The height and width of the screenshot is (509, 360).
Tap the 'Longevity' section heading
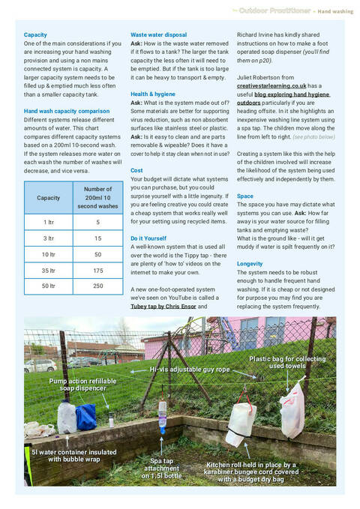pyautogui.click(x=250, y=264)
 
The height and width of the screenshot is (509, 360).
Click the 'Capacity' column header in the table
pyautogui.click(x=48, y=199)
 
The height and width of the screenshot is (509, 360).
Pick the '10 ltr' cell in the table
pyautogui.click(x=48, y=254)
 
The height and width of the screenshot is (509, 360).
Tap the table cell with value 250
pyautogui.click(x=97, y=286)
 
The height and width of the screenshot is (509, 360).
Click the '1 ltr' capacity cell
pyautogui.click(x=48, y=222)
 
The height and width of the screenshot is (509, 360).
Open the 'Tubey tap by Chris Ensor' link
pyautogui.click(x=163, y=306)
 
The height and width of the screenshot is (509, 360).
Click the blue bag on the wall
pyautogui.click(x=86, y=416)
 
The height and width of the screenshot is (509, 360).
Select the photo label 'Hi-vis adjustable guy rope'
pyautogui.click(x=190, y=370)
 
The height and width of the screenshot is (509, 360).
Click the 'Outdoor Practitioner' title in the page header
pyautogui.click(x=274, y=11)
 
